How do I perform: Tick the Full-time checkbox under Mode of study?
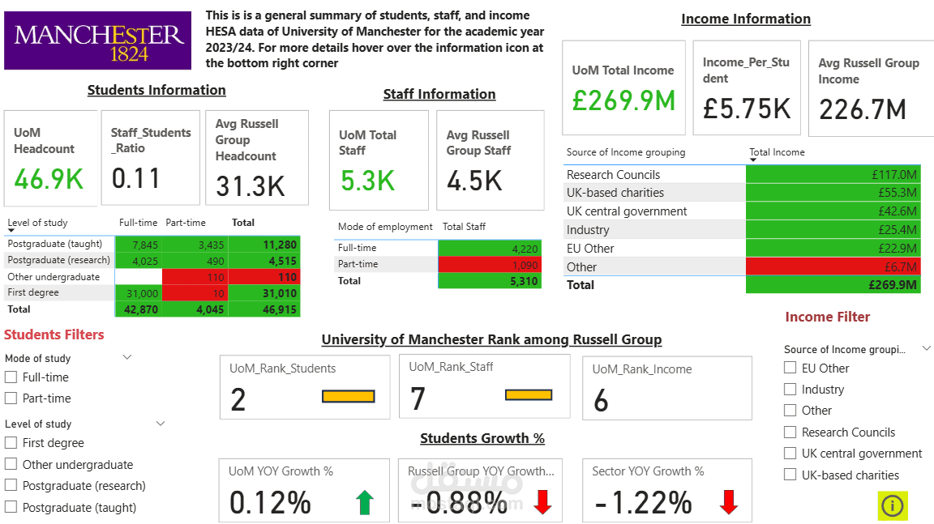coord(11,377)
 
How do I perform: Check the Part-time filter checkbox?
coord(11,398)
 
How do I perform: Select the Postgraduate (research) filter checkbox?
coord(11,486)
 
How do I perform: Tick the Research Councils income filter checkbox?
coord(790,432)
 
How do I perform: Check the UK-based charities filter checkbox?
coord(790,475)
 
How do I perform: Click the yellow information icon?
coord(892,505)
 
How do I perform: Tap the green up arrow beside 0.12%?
coord(365,503)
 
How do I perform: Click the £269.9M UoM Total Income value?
coord(623,100)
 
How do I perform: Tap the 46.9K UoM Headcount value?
coord(49,179)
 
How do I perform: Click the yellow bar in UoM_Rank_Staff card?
coord(528,395)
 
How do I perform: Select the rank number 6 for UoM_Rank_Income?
coord(601,401)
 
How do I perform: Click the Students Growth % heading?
coord(482,438)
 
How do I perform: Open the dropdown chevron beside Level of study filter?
coord(160,424)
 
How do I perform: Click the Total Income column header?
coord(776,152)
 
